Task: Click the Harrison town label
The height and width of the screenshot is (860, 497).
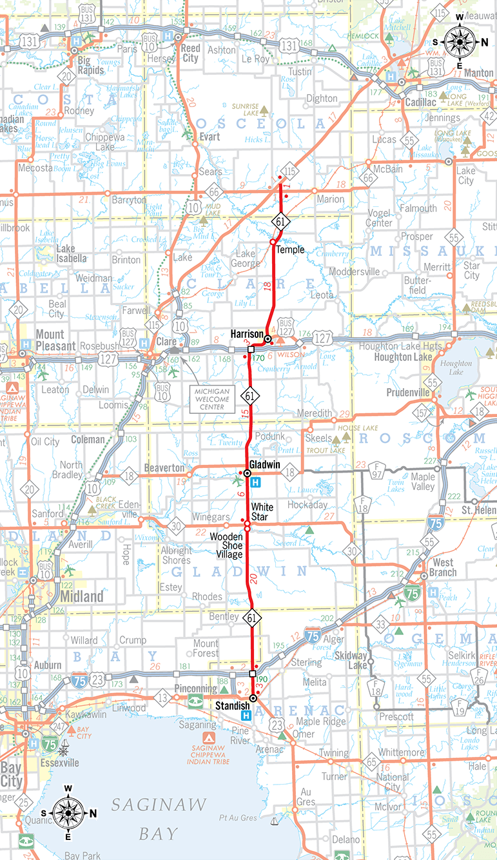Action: click(x=246, y=334)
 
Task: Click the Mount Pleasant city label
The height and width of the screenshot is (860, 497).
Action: click(x=50, y=339)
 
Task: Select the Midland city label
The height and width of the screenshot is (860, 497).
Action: click(x=81, y=597)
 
